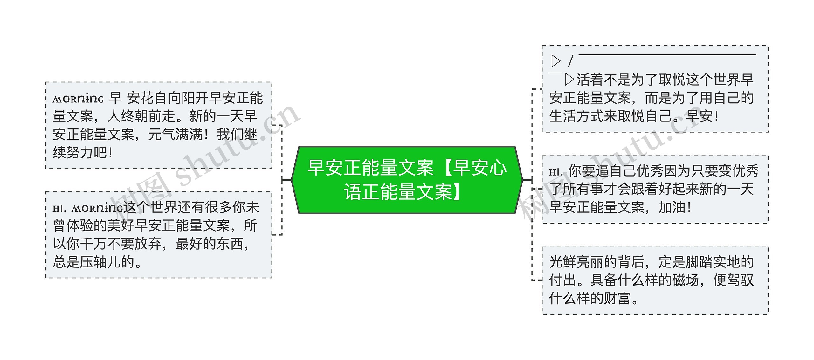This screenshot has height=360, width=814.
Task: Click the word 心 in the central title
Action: pos(498,168)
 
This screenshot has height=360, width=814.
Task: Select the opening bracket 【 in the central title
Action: pos(443,168)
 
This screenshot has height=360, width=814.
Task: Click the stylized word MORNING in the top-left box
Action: pos(78,99)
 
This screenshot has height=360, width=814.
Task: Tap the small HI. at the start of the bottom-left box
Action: pos(59,209)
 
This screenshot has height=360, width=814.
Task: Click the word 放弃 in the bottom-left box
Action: pos(148,244)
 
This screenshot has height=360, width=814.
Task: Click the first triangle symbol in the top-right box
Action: pos(556,61)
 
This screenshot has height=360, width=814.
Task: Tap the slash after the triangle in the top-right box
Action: pos(570,61)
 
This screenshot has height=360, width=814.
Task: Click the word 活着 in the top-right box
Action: pos(590,80)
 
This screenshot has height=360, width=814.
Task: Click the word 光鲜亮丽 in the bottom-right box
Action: pos(576,262)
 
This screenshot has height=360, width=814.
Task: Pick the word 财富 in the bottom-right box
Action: pos(617,299)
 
